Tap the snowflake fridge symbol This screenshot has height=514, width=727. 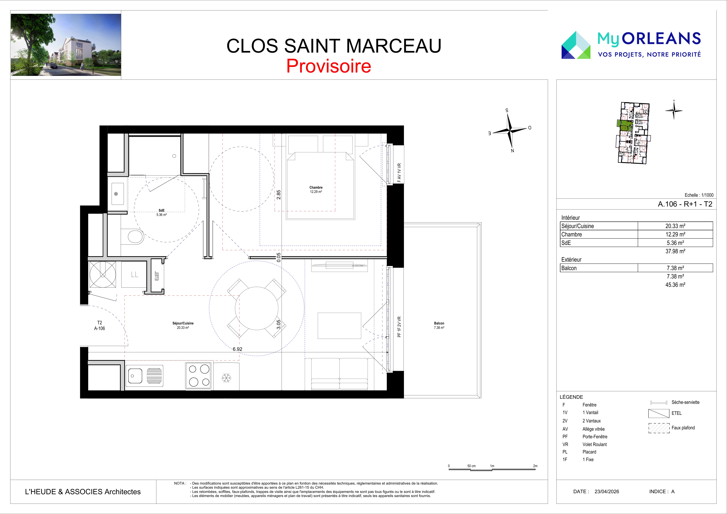(x=226, y=377)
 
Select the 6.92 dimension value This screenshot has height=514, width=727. (x=237, y=349)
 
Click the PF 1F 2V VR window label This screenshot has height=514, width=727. (x=399, y=327)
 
